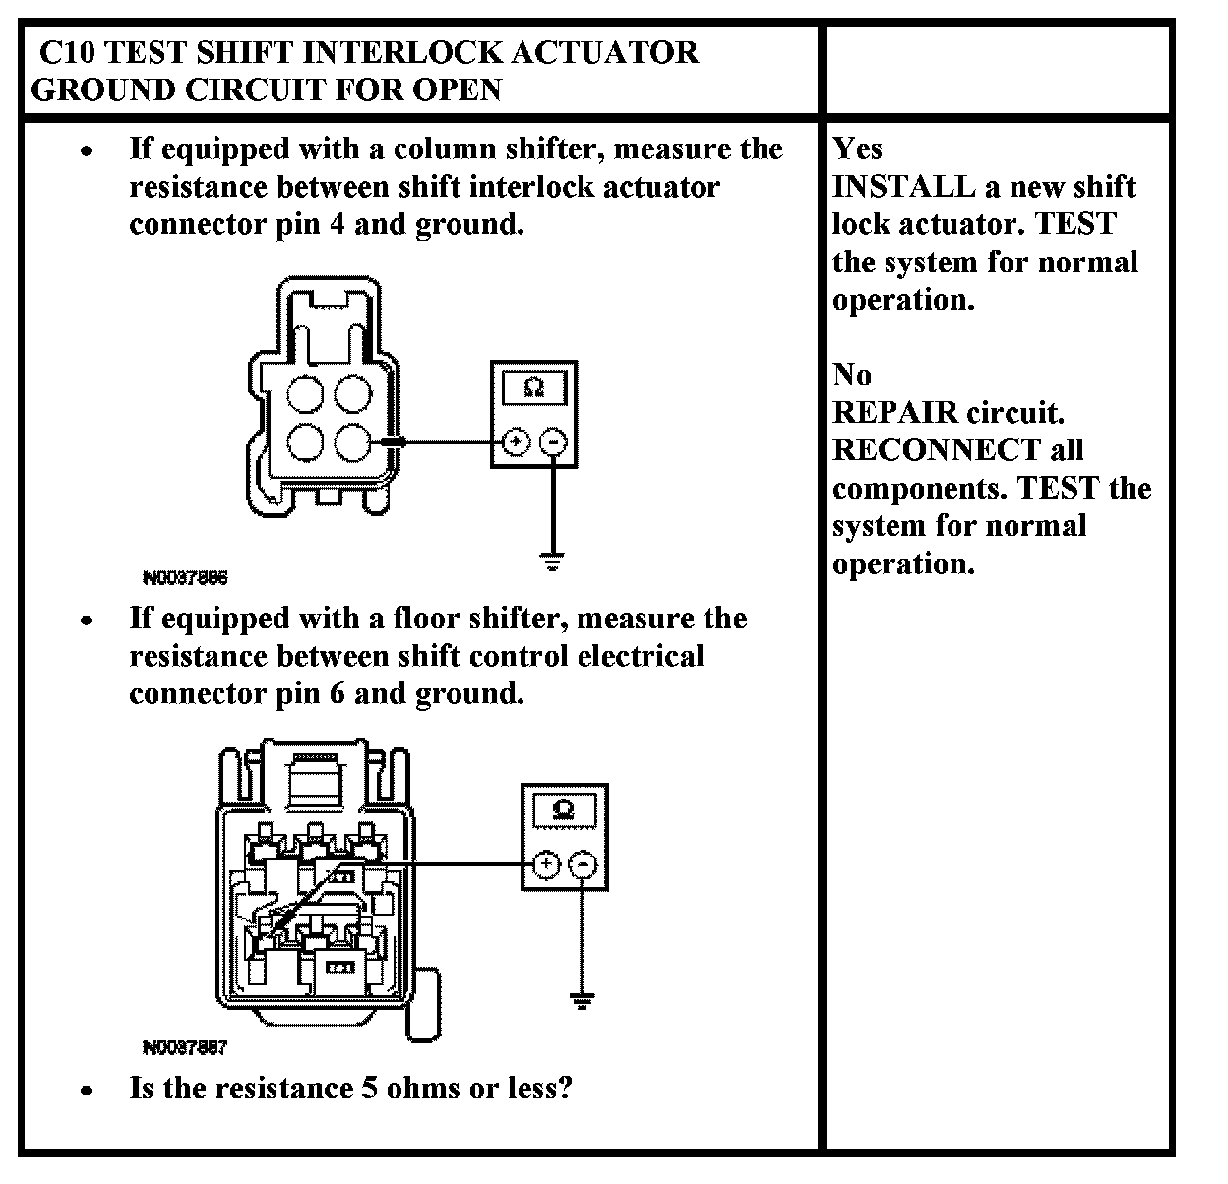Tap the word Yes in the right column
coord(857,148)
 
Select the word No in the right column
coord(851,375)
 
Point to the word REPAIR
coord(894,412)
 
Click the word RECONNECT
coord(936,450)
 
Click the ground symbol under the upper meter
coord(553,562)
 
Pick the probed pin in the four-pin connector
coord(352,442)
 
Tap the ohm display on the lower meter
coord(564,810)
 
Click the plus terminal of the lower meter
coord(544,865)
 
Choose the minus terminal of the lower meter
coord(583,865)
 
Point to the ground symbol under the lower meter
coord(583,1000)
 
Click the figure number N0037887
coord(185,1048)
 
